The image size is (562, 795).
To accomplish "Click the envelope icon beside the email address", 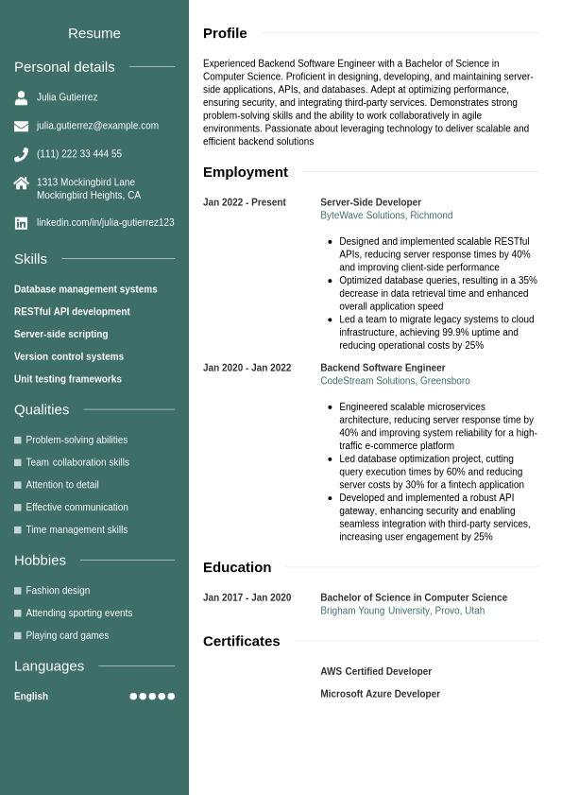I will pyautogui.click(x=21, y=126).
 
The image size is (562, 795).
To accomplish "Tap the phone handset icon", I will pyautogui.click(x=21, y=154).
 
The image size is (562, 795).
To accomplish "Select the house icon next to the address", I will pyautogui.click(x=21, y=183).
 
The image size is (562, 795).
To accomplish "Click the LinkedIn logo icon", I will pyautogui.click(x=21, y=223).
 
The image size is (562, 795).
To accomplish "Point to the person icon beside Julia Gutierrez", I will pyautogui.click(x=21, y=97).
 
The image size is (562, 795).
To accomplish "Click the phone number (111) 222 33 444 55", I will pyautogui.click(x=79, y=154).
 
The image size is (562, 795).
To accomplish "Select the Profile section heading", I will pyautogui.click(x=225, y=33).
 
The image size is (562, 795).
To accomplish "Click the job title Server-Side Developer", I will pyautogui.click(x=370, y=202).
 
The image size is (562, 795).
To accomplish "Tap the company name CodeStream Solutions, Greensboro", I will pyautogui.click(x=395, y=381).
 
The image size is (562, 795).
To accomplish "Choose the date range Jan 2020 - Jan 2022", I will pyautogui.click(x=247, y=368).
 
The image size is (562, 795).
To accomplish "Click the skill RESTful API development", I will pyautogui.click(x=72, y=312).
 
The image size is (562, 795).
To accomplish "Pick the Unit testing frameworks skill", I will pyautogui.click(x=68, y=379).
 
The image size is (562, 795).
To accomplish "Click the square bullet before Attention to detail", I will pyautogui.click(x=18, y=485).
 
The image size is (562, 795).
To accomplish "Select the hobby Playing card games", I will pyautogui.click(x=67, y=635).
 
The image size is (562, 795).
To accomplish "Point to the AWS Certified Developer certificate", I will pyautogui.click(x=376, y=671).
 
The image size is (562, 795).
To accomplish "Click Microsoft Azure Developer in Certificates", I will pyautogui.click(x=380, y=694).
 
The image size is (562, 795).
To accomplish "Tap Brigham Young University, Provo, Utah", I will pyautogui.click(x=402, y=611).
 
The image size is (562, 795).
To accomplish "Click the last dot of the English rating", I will pyautogui.click(x=171, y=697).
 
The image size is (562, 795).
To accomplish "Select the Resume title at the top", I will pyautogui.click(x=94, y=33).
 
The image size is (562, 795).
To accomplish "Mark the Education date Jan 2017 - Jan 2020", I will pyautogui.click(x=247, y=597).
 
